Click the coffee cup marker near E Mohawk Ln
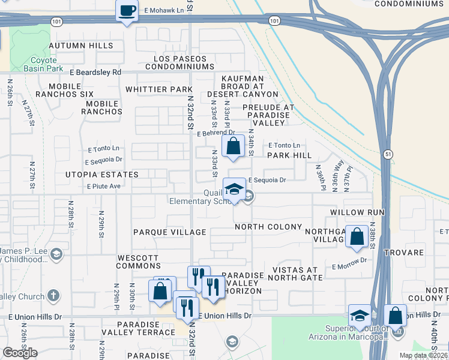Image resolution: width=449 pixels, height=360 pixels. coord(127,11)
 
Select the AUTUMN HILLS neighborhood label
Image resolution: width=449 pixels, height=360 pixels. coord(80,46)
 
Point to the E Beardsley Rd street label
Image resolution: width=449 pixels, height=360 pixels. coord(95,72)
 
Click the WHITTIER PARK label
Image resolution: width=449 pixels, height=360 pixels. coord(159,89)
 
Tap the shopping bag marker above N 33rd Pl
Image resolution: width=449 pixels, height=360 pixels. coord(233,146)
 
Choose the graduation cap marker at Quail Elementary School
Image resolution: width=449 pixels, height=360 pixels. coord(234,190)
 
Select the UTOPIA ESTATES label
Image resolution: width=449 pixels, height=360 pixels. coord(106,175)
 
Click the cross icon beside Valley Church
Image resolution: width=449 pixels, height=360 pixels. coord(53,295)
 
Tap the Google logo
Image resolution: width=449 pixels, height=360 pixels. coord(20,353)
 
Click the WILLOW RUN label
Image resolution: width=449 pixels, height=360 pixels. coord(357,213)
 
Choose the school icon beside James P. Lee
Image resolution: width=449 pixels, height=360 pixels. coord(56,253)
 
